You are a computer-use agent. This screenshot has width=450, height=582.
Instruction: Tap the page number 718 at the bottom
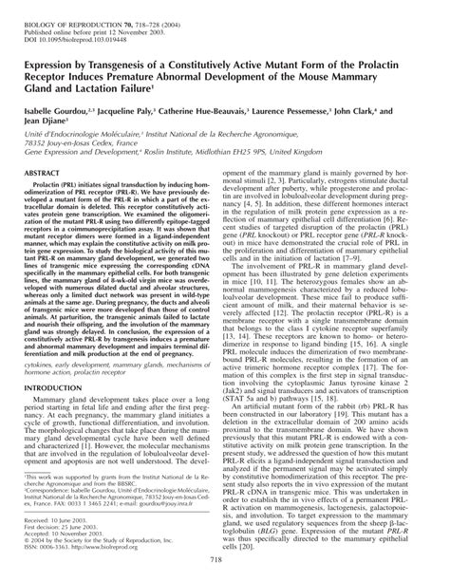coord(224,564)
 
